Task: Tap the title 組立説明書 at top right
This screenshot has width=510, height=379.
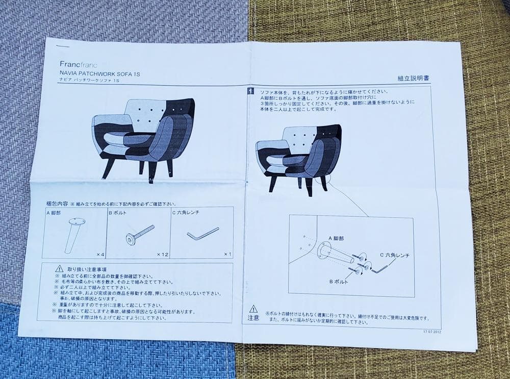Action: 413,79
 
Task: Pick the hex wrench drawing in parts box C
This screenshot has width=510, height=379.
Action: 202,235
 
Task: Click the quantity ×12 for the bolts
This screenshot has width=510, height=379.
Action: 162,254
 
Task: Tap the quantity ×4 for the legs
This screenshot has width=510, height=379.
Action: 99,254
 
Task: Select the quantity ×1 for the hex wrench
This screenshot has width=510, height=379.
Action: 227,254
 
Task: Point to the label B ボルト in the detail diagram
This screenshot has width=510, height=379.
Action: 338,281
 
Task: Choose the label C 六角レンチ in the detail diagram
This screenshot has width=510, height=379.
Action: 394,255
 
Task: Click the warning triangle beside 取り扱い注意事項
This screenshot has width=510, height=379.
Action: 60,268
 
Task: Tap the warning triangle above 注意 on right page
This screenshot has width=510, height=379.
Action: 253,309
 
